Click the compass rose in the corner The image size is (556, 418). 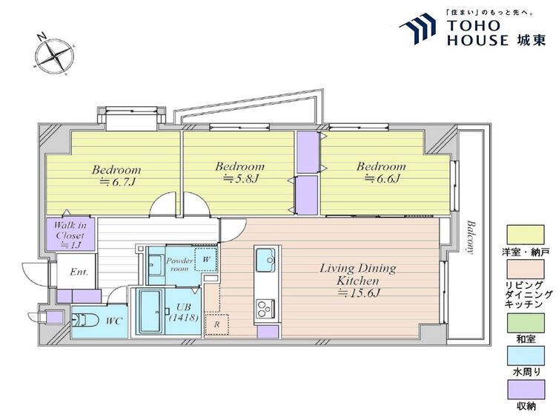click(54, 55)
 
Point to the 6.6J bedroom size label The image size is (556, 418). click(382, 179)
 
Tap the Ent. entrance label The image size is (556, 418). click(79, 272)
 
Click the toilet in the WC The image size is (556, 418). click(85, 320)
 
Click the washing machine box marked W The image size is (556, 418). click(206, 259)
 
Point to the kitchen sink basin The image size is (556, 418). click(265, 260)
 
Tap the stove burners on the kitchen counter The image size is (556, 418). click(265, 308)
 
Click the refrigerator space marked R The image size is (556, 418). click(216, 324)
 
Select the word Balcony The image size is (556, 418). click(470, 238)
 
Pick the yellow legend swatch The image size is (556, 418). click(525, 235)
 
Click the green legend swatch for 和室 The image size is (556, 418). click(526, 323)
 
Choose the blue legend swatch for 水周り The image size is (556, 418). click(526, 356)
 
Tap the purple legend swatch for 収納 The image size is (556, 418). click(526, 390)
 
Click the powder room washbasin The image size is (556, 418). click(156, 265)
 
